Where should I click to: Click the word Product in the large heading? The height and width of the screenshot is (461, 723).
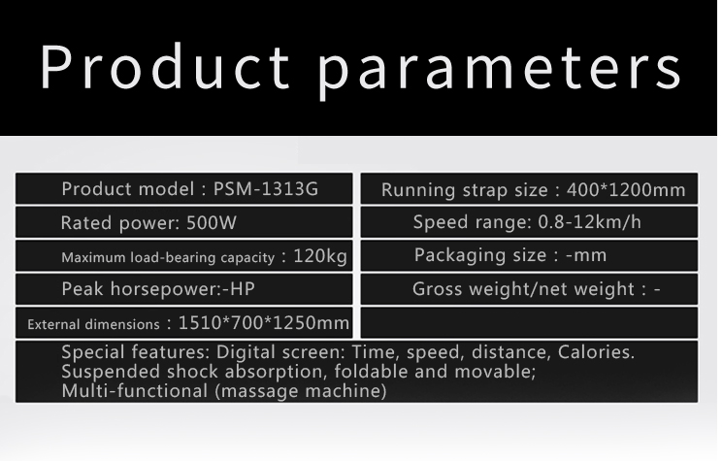pos(165,66)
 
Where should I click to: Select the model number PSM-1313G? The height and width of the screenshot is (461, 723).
pos(266,189)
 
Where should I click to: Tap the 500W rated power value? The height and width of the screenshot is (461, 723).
pos(212,223)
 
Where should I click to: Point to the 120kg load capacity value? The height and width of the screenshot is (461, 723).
pos(320,256)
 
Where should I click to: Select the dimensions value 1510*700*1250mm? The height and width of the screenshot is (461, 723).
pos(263,323)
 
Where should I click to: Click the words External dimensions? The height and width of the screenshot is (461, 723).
pos(93,324)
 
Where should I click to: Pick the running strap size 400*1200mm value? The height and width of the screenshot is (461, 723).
pos(626,190)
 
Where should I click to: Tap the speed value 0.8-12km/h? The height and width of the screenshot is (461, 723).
pos(589,222)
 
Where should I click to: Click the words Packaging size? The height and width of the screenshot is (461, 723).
pos(480,256)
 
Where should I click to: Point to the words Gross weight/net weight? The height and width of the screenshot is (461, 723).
pos(523,289)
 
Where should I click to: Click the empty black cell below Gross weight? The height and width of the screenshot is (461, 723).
pos(529,323)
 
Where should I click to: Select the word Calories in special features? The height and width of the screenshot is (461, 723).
pos(596,352)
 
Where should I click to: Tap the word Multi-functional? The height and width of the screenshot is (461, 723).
pos(134,391)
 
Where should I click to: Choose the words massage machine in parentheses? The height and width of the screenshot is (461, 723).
pos(300,391)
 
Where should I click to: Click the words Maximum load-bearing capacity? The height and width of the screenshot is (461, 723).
pos(168,258)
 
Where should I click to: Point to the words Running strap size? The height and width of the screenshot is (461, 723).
pos(464,190)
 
